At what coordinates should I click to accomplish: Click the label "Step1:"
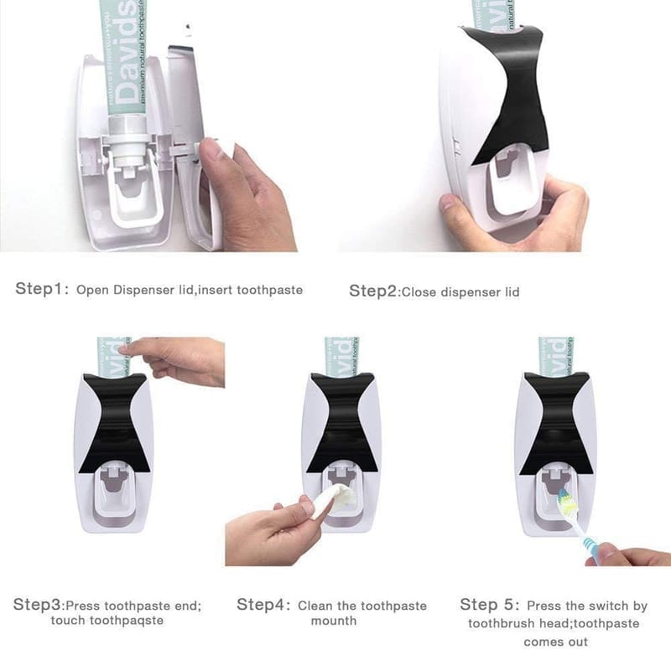pos(42,289)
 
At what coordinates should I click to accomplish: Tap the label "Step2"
pos(373,291)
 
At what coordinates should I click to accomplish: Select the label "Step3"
pos(38,605)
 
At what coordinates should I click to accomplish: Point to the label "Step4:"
pos(263,605)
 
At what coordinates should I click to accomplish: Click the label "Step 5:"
pos(490,605)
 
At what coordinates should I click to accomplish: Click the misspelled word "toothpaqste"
pos(107,621)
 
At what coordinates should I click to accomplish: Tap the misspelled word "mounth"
pos(334,621)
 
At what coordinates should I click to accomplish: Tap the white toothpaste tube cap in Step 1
pos(127,141)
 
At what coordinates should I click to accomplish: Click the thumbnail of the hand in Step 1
pos(211,148)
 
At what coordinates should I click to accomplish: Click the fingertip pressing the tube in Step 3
pos(124,350)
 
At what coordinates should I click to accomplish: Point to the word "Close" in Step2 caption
pos(419,292)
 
